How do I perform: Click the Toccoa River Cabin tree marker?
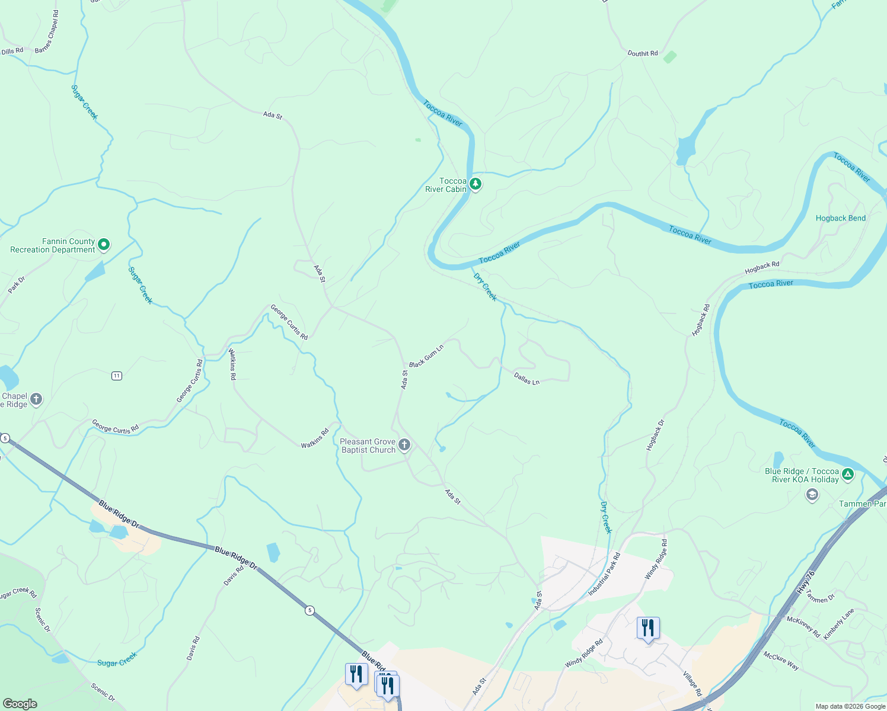pyautogui.click(x=475, y=184)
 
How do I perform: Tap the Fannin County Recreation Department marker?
pyautogui.click(x=104, y=244)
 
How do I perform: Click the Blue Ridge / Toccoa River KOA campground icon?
pyautogui.click(x=848, y=474)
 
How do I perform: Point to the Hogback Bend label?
pyautogui.click(x=840, y=218)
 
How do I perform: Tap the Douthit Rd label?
pyautogui.click(x=643, y=53)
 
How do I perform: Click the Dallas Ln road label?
pyautogui.click(x=527, y=379)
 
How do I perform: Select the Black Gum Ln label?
pyautogui.click(x=426, y=355)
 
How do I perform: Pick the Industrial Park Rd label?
pyautogui.click(x=604, y=574)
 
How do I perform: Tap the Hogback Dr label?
pyautogui.click(x=655, y=435)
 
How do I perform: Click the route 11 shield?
pyautogui.click(x=117, y=376)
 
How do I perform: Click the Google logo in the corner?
pyautogui.click(x=20, y=704)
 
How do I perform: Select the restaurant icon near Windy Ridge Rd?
pyautogui.click(x=648, y=628)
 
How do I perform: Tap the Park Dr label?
pyautogui.click(x=17, y=285)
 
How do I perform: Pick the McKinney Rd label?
pyautogui.click(x=803, y=627)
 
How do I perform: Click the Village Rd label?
pyautogui.click(x=692, y=684)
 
